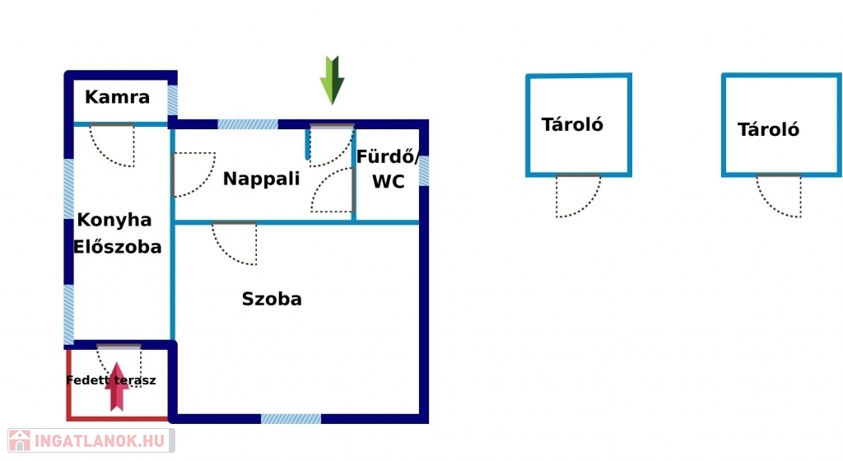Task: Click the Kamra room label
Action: pyautogui.click(x=118, y=97)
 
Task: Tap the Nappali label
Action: pyautogui.click(x=262, y=179)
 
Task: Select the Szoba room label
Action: pyautogui.click(x=272, y=299)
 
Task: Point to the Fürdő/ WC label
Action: pyautogui.click(x=389, y=170)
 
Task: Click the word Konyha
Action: pyautogui.click(x=114, y=220)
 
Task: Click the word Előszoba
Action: pyautogui.click(x=118, y=247)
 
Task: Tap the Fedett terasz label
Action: pyautogui.click(x=111, y=380)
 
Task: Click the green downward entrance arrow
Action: pyautogui.click(x=332, y=80)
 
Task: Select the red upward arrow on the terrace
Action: pyautogui.click(x=118, y=386)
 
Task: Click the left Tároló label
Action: pyautogui.click(x=572, y=124)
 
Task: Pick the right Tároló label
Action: pyautogui.click(x=768, y=129)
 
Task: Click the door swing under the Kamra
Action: pyautogui.click(x=113, y=145)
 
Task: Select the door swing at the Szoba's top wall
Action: pyautogui.click(x=235, y=243)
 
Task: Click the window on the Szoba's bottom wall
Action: pyautogui.click(x=291, y=418)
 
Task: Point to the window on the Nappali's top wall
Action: pyautogui.click(x=248, y=124)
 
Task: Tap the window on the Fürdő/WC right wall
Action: pyautogui.click(x=424, y=170)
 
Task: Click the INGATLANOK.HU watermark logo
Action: pyautogui.click(x=89, y=440)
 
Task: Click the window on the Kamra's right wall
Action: pyautogui.click(x=173, y=100)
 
